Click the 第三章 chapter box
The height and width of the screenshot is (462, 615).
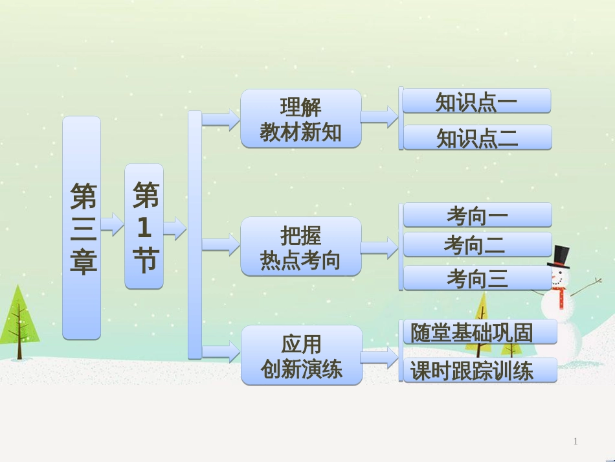tap(82, 227)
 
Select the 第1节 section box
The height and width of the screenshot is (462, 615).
tap(144, 226)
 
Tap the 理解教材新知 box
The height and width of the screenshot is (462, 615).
tap(301, 119)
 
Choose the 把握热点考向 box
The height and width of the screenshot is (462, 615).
tap(301, 246)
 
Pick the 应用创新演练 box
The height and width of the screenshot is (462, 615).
tap(302, 355)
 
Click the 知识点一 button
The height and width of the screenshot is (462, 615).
tap(476, 101)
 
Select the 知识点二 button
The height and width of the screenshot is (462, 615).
tap(477, 137)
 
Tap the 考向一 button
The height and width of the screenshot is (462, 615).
tap(478, 214)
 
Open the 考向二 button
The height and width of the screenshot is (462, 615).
tap(477, 244)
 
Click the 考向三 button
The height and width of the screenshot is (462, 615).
tap(477, 278)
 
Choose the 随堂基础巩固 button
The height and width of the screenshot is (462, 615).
tap(479, 332)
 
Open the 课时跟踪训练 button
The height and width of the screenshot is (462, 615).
tap(479, 370)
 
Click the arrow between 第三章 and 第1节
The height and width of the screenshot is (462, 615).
tap(113, 224)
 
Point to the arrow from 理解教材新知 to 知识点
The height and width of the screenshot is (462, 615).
tap(379, 117)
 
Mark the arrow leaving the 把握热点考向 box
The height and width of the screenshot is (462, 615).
tap(379, 247)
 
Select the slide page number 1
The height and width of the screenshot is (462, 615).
tap(576, 442)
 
